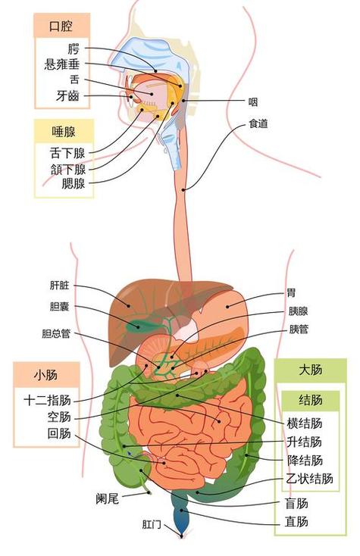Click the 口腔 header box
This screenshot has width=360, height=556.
(x=61, y=26)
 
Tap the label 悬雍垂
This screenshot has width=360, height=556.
(x=61, y=64)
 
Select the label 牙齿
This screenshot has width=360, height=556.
(x=67, y=95)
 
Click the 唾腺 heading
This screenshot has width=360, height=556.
(x=64, y=132)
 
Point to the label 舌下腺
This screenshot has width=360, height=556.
(x=67, y=153)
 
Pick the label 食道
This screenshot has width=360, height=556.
(x=258, y=123)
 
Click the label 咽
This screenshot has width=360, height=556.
(x=252, y=102)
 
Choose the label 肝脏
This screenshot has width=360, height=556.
(x=60, y=286)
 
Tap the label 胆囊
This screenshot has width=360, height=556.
(x=59, y=306)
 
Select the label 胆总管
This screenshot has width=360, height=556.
(x=56, y=333)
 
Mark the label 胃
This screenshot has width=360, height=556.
(x=291, y=293)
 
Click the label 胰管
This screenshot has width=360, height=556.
(x=299, y=329)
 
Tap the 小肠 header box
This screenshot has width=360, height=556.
(x=46, y=375)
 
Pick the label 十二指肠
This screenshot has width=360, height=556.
(x=48, y=401)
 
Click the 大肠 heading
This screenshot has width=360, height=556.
(x=311, y=370)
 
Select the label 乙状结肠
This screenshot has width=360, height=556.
(x=310, y=479)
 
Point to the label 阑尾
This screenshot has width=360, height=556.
(x=107, y=499)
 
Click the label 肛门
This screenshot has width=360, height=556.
(x=152, y=524)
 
